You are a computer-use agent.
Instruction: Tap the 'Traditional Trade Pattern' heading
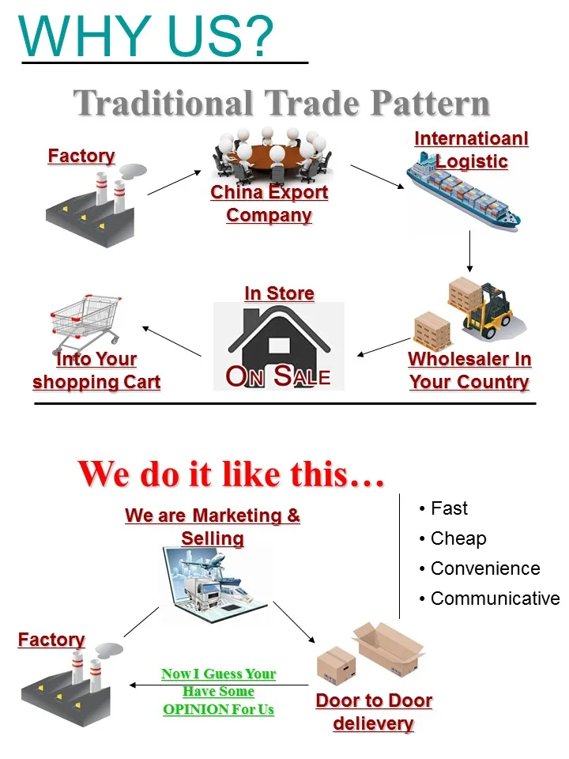point(282,104)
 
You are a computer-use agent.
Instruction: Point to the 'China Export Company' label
point(269,203)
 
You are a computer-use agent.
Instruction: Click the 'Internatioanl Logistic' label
point(471,150)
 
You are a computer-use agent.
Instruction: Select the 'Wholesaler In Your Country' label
point(469,370)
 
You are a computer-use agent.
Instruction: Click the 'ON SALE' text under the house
point(278,376)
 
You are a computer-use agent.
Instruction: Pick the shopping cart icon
point(85,320)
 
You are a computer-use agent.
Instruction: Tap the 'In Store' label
point(279,293)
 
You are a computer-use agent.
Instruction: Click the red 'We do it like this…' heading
point(231,474)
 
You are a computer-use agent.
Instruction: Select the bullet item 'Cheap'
point(458,538)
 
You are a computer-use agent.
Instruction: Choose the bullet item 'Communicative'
point(495,599)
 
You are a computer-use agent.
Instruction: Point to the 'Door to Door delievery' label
point(374,712)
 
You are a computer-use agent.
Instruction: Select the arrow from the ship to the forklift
point(470,251)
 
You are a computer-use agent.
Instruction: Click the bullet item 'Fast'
point(449,508)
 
